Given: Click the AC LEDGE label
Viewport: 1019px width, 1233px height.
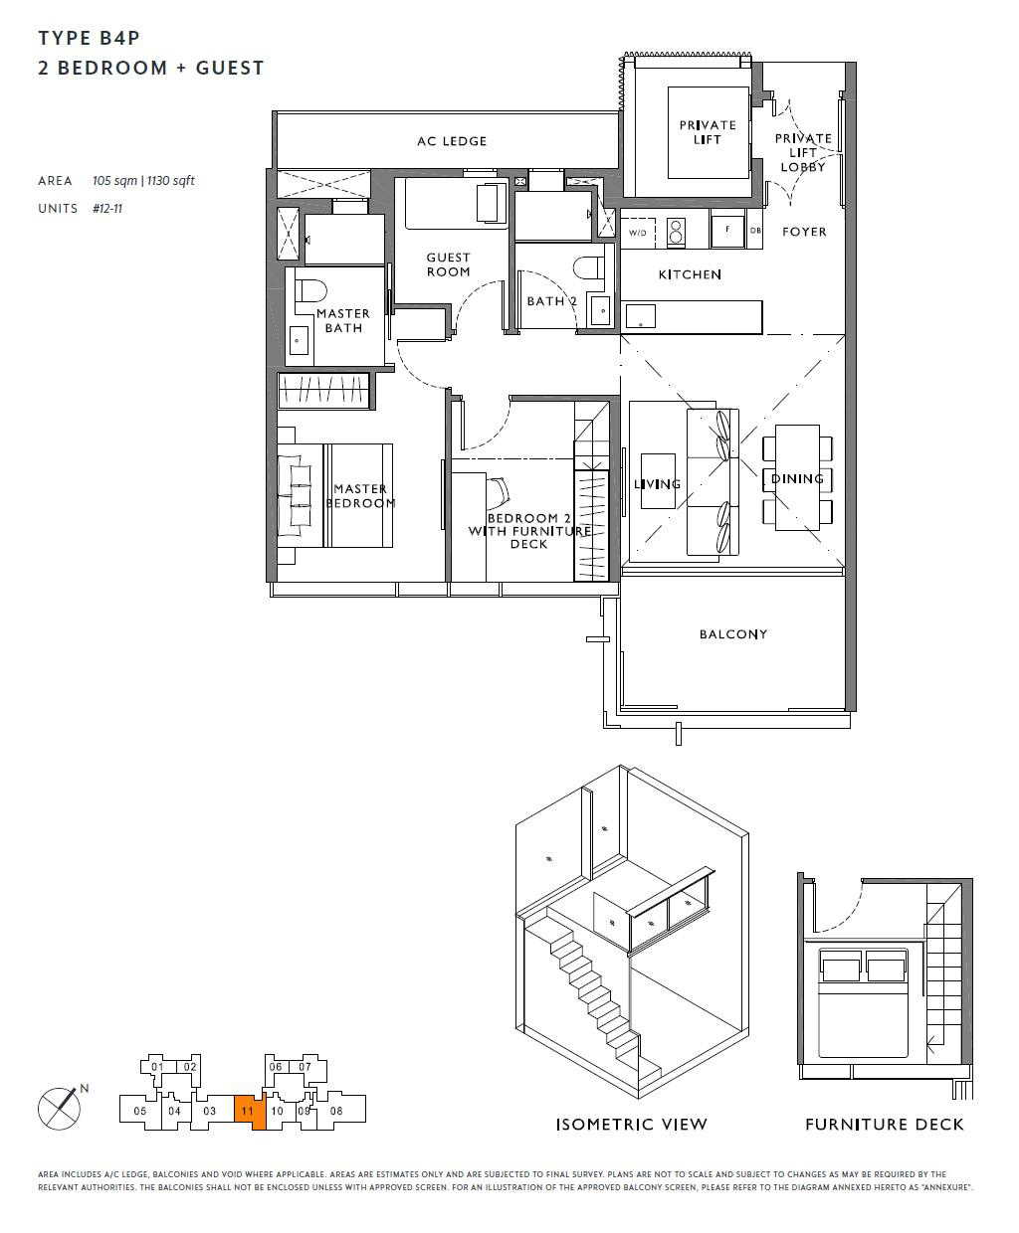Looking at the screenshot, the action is (452, 141).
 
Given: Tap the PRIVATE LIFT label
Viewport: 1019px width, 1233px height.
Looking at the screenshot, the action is (708, 132).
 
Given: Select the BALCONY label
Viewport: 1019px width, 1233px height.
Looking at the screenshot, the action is (733, 634).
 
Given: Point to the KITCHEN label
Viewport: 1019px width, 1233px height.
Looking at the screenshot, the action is (690, 274).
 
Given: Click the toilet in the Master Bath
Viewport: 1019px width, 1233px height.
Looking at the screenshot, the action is (310, 290).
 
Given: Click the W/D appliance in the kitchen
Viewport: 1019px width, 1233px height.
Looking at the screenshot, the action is (638, 233).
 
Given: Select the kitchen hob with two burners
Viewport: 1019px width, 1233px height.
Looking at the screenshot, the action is (676, 232).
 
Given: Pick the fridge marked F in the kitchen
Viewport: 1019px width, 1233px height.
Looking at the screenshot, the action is (727, 231).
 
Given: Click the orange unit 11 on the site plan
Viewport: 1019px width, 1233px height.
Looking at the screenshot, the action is (249, 1112).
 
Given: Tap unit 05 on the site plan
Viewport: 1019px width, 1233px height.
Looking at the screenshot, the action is (139, 1111).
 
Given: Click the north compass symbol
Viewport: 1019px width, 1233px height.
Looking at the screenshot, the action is (60, 1108).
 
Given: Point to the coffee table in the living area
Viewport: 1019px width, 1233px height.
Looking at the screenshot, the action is (658, 481).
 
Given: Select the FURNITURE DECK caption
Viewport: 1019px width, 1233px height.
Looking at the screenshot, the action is (885, 1125).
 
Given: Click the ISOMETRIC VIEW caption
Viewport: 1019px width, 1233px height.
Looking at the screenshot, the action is (631, 1125).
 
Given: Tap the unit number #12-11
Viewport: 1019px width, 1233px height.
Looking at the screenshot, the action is (107, 209).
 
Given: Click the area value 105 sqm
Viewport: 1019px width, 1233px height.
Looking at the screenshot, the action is (114, 181).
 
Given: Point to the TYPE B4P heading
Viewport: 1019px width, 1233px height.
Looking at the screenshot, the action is (90, 39).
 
